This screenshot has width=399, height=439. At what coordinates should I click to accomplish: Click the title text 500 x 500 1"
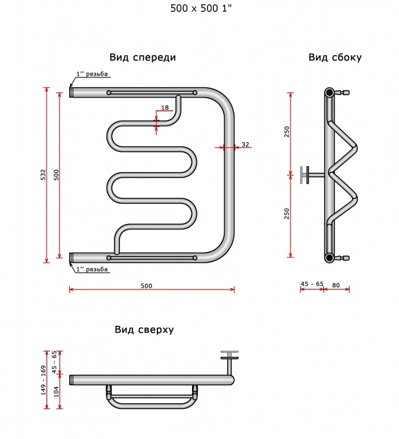pos(201,8)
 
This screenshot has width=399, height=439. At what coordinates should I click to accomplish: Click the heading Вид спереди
pos(143,57)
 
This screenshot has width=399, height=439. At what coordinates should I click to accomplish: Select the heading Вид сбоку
pos(335,57)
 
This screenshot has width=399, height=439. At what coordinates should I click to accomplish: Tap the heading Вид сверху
pos(144,329)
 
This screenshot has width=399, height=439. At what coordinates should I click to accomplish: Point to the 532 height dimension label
pos(43,175)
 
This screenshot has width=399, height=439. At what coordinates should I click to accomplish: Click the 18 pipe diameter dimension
pos(165,107)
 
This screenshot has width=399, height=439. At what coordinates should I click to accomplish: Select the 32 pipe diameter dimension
pos(245,144)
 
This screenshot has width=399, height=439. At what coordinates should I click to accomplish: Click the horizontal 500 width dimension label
pos(146,285)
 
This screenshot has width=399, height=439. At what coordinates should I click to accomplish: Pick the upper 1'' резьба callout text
pos(92,74)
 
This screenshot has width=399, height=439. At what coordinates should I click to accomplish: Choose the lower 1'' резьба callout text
pos(92,269)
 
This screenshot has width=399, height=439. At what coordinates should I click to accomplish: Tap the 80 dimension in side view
pos(336,285)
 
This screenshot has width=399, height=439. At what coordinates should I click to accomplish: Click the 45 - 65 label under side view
pos(312,284)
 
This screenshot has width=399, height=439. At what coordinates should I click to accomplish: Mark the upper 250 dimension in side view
pos(286,132)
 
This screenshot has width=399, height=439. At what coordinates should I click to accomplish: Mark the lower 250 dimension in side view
pos(286,214)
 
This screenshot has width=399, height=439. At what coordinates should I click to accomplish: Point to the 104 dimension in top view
pos(56,392)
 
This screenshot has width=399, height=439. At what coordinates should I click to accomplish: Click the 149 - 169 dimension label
pos(44,380)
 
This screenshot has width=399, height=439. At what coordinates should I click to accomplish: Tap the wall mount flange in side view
pos(304,175)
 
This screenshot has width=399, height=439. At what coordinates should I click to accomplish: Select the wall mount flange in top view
pos(230,355)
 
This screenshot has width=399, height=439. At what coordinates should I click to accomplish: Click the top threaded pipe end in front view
pos(71,92)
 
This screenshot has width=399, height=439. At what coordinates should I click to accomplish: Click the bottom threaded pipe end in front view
pos(71,257)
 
